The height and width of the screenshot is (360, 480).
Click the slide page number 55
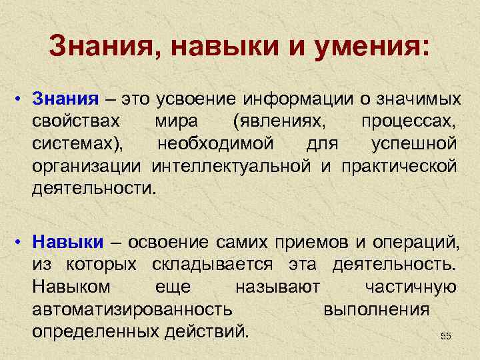(x=446, y=337)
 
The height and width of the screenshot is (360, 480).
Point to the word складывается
(x=212, y=264)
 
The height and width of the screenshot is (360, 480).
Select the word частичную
(x=411, y=287)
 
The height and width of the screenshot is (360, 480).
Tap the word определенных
(x=93, y=331)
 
